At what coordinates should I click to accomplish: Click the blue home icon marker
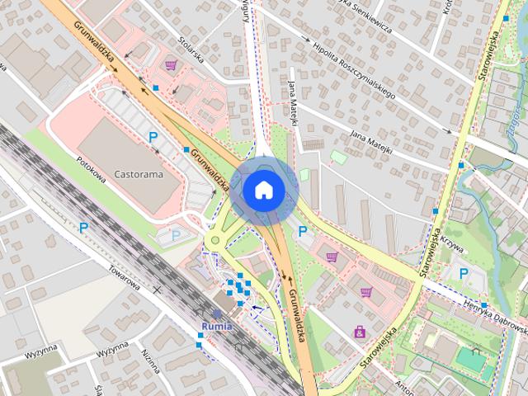[x=263, y=190]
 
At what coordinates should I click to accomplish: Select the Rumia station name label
[x=216, y=325]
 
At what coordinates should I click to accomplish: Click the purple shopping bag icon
[x=360, y=332]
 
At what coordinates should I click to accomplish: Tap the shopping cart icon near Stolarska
[x=171, y=65]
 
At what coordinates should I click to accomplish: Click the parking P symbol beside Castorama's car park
[x=152, y=136]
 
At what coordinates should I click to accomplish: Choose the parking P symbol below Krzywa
[x=464, y=273]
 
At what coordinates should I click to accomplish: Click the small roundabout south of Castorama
[x=216, y=241]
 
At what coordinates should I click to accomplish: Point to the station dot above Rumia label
[x=217, y=313]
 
